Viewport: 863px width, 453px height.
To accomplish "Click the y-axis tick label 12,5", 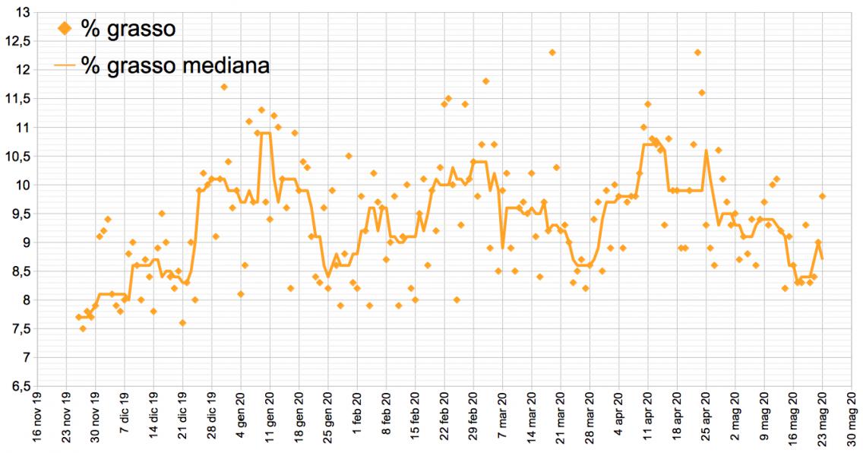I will [18, 41].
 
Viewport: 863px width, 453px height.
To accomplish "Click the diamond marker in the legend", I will [65, 29].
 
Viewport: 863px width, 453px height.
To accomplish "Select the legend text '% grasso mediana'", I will [175, 65].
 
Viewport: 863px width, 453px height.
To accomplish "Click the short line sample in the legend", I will [65, 66].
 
